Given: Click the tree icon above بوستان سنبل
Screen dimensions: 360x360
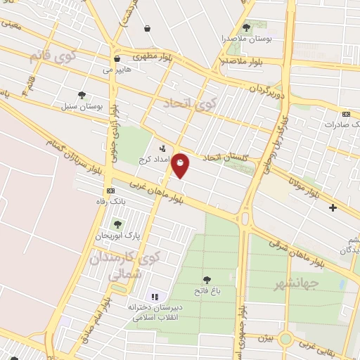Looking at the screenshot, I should pos(83,94).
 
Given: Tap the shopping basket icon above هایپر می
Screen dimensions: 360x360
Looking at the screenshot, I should pos(116,58).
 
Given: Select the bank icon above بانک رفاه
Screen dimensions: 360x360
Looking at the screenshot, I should pos(110,191).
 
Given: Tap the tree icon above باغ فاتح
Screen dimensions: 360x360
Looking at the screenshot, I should pos(206,280).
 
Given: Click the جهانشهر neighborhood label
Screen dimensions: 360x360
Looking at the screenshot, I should pos(297,283).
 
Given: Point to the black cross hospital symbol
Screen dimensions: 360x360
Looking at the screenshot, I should pos(333,207).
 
